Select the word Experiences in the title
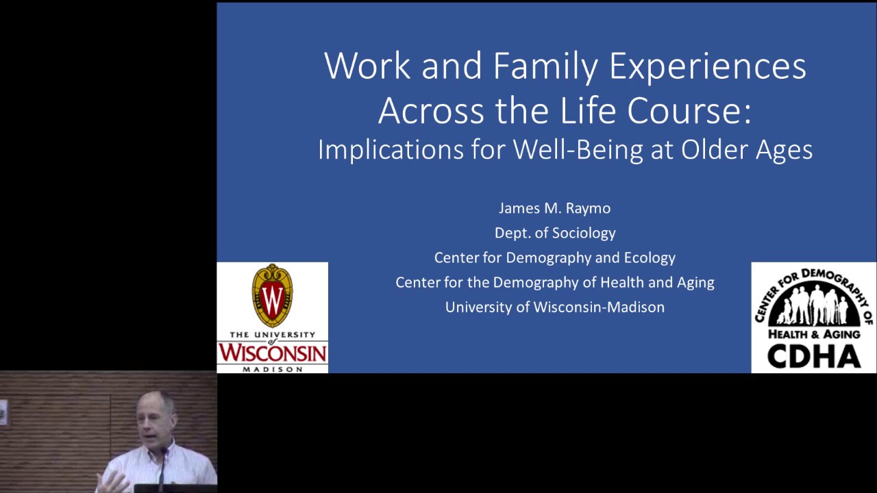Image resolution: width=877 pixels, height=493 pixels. point(708,66)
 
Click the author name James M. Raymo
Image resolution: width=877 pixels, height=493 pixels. point(554,208)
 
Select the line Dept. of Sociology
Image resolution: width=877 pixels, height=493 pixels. point(555,233)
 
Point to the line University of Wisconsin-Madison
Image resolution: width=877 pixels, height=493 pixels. point(555,307)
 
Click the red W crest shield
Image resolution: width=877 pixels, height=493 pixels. point(272,296)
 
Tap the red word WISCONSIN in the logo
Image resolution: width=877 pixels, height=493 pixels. point(272,353)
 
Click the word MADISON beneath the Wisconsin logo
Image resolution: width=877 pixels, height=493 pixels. point(272,369)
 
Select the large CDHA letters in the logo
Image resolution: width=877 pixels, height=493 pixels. point(813,356)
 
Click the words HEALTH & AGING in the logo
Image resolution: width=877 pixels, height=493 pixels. point(813,333)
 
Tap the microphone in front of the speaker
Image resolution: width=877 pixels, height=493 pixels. point(164,455)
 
